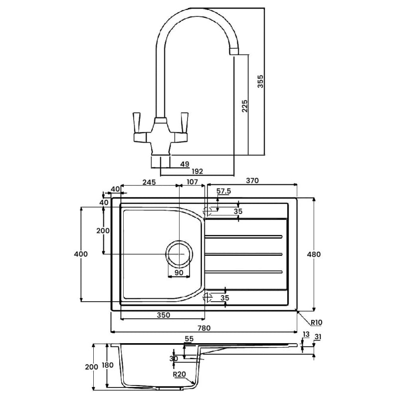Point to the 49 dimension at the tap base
185,164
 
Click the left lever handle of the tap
135,123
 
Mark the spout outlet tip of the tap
234,52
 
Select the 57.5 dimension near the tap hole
224,191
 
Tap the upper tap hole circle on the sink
209,210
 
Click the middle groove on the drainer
245,254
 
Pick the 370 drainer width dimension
252,182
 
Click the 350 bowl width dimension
164,315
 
